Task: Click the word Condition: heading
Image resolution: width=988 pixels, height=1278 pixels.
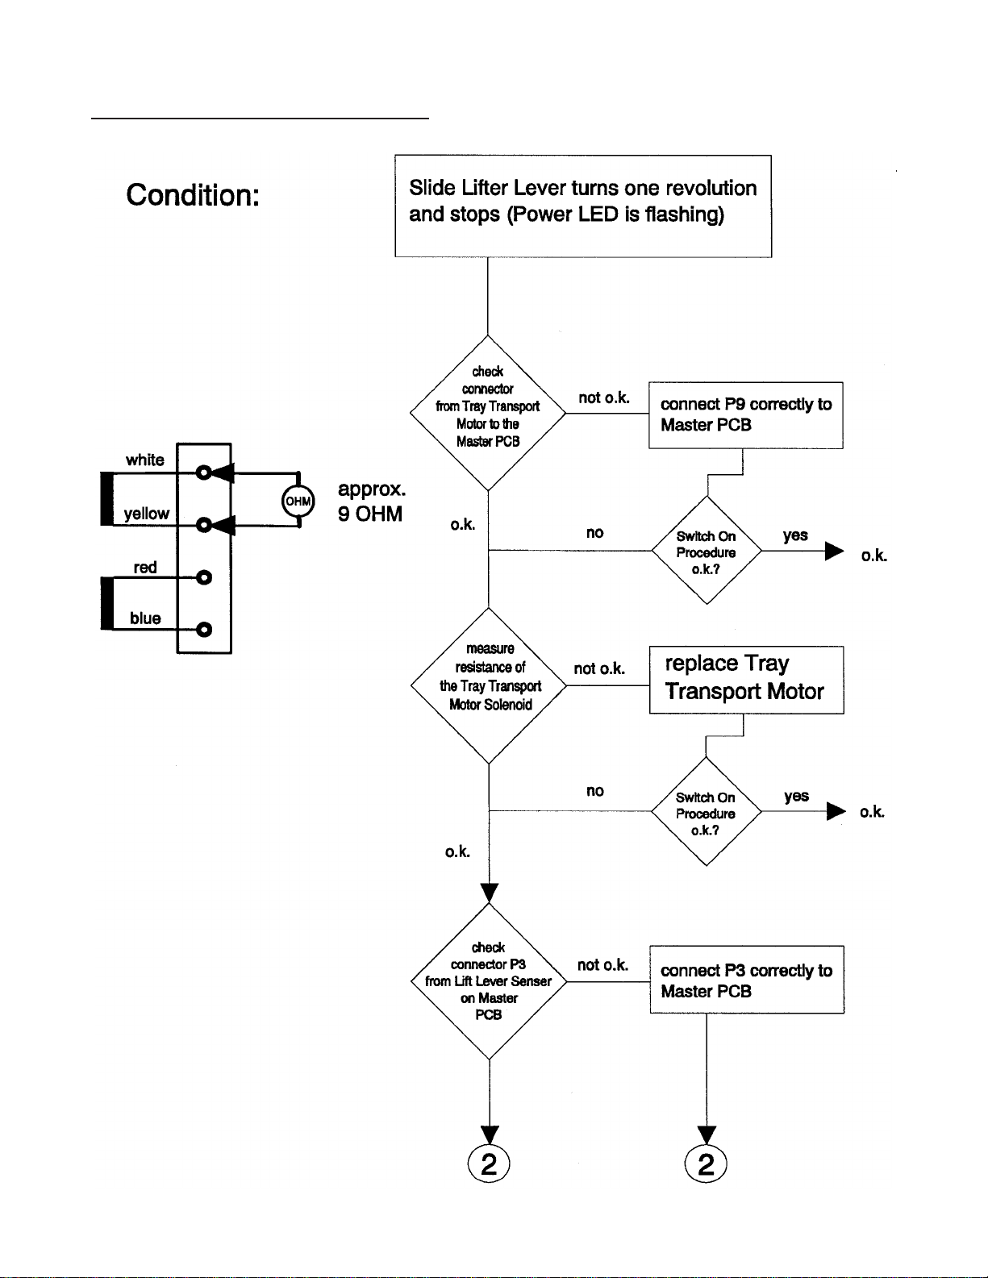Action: (193, 195)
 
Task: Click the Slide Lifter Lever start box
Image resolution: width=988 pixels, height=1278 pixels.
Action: (582, 206)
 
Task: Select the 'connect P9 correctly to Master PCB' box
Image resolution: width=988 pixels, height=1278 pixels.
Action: (745, 414)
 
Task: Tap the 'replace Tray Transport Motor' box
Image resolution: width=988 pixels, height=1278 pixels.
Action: (746, 679)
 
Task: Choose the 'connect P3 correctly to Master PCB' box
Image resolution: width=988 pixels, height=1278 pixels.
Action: (746, 980)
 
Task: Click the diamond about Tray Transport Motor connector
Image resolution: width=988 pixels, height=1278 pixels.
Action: (488, 413)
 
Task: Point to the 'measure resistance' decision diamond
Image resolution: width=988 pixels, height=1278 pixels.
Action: (489, 685)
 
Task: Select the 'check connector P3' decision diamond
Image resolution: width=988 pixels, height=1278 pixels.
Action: (489, 981)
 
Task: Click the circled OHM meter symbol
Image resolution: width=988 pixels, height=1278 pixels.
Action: (298, 501)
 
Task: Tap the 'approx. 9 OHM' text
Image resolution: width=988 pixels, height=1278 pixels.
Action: (371, 502)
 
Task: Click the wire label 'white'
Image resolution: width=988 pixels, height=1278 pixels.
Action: (145, 460)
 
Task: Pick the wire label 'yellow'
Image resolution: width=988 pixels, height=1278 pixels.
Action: (146, 514)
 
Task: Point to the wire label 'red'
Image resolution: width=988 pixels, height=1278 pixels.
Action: (145, 567)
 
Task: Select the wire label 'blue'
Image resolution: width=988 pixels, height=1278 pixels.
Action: (145, 618)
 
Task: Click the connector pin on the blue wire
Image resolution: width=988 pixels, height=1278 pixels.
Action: (204, 629)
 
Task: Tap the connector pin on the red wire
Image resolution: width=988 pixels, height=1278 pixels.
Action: (204, 577)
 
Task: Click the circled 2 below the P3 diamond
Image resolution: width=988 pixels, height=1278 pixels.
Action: (489, 1164)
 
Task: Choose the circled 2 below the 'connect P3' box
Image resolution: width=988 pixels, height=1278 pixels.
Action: (706, 1164)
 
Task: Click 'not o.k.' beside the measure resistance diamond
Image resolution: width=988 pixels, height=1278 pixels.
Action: (599, 668)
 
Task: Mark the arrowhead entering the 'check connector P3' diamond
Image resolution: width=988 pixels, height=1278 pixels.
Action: (490, 893)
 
